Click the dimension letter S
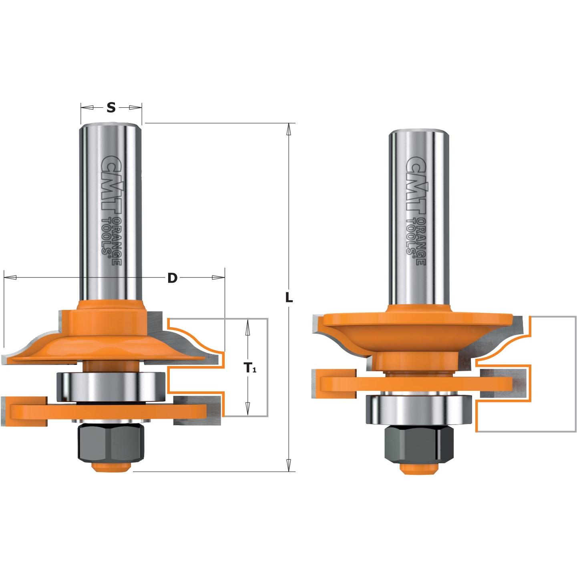click(x=111, y=107)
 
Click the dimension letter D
click(x=172, y=278)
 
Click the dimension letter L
click(x=288, y=298)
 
